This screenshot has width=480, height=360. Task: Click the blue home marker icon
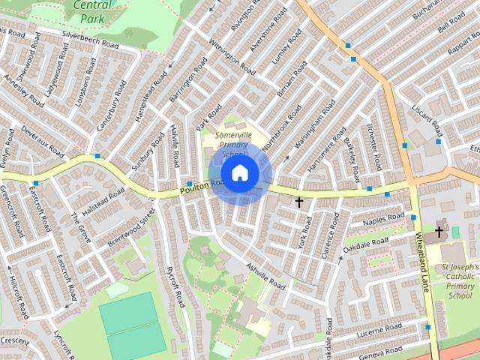click(239, 173)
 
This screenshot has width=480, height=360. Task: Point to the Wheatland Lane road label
click(422, 262)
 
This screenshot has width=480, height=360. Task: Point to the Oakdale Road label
click(365, 244)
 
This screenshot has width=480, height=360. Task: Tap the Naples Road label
click(383, 220)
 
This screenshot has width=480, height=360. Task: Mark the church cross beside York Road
click(299, 202)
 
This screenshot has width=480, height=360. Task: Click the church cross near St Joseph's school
click(439, 232)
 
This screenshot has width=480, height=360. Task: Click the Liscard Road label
click(430, 118)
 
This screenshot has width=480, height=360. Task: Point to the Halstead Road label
click(103, 203)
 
